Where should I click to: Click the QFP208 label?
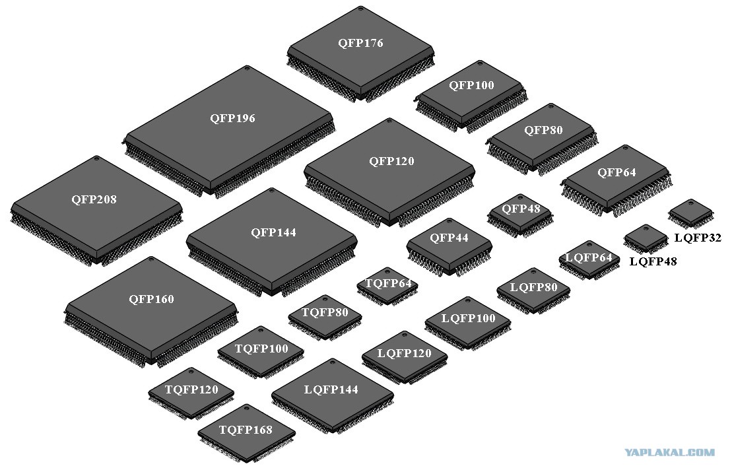tap(94, 200)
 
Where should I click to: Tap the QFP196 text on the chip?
tap(232, 118)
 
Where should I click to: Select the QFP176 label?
tap(360, 44)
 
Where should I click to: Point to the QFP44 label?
tap(449, 238)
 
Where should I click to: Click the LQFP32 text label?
tap(698, 238)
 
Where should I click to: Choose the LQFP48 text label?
tap(653, 261)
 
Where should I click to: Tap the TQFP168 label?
tap(246, 430)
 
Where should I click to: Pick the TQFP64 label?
tap(388, 283)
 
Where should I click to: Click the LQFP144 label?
tap(331, 389)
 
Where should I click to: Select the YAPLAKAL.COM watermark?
tap(669, 452)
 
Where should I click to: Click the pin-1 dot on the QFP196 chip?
tap(248, 68)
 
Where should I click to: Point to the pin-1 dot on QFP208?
tap(97, 158)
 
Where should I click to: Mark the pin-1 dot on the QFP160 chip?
tap(150, 259)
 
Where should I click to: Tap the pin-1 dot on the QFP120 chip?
tap(390, 121)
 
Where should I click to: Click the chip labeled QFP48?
tap(520, 215)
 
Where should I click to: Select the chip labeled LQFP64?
tap(589, 260)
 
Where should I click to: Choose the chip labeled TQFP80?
tap(325, 317)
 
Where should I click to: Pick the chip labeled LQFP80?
tap(533, 290)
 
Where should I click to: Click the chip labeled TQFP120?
tap(191, 393)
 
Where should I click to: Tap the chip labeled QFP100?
tap(471, 96)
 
